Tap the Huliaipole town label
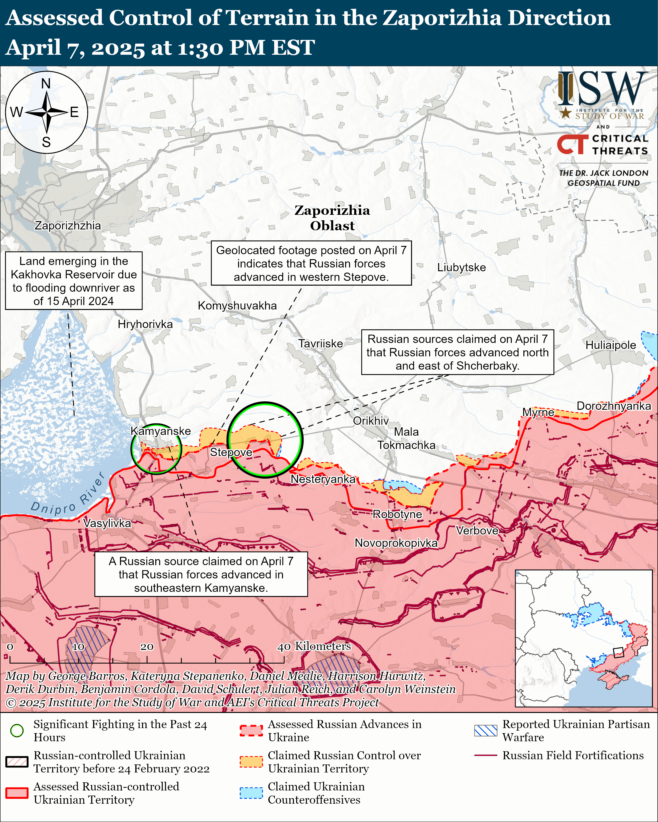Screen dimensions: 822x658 point(610,345)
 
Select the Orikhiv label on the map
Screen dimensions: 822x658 point(370,421)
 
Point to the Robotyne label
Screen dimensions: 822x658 point(397,514)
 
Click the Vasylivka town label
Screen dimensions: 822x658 point(107,523)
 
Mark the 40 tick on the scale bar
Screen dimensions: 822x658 point(283,647)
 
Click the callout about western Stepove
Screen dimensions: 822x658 point(311,264)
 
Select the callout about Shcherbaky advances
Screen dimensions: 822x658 point(457,352)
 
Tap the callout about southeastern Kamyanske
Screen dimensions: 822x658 point(201,574)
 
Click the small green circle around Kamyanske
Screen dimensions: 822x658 point(156,449)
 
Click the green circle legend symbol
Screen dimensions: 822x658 point(17,731)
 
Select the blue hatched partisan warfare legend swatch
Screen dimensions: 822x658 point(486,731)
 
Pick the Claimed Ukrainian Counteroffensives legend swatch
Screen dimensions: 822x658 point(251,793)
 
